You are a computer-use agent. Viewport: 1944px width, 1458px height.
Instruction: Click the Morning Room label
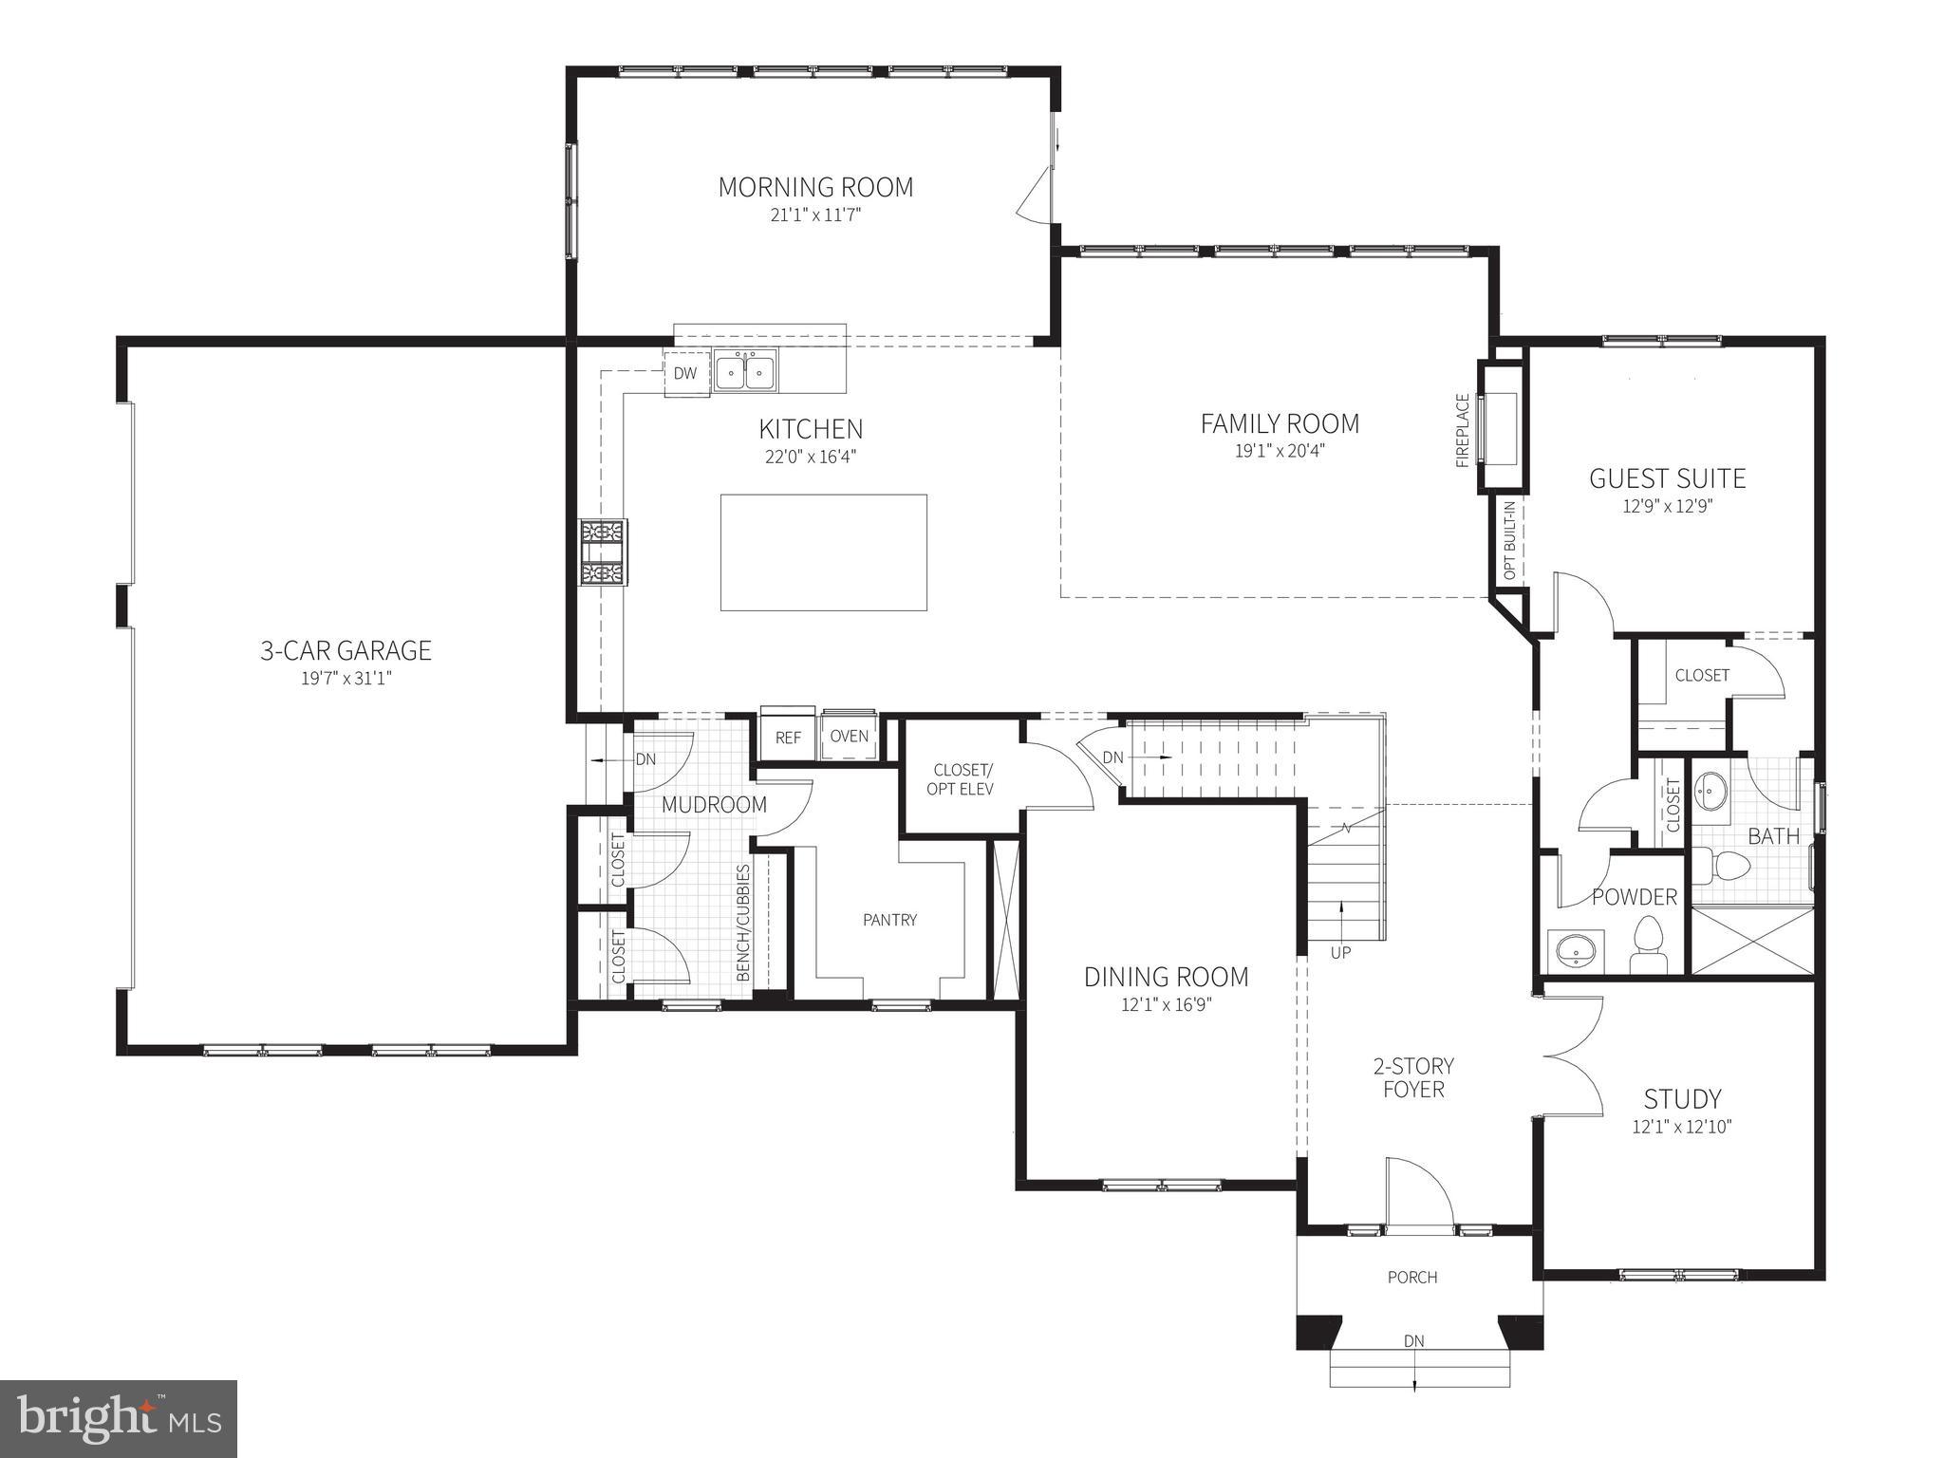click(x=815, y=187)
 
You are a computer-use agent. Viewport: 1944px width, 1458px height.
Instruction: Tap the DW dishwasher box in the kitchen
click(x=685, y=373)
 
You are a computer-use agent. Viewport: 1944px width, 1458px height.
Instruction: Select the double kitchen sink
click(x=745, y=370)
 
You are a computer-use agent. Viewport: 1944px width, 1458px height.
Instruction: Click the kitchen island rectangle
click(x=823, y=551)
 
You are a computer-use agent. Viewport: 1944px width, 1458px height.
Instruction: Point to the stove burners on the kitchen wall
click(x=605, y=552)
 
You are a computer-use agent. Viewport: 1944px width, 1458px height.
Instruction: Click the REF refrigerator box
click(x=788, y=738)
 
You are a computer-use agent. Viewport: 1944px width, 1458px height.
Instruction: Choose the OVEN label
click(x=849, y=736)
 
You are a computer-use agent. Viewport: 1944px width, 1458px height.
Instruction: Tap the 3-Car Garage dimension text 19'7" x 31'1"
click(x=346, y=678)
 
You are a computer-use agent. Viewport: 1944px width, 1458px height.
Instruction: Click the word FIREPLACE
click(x=1462, y=431)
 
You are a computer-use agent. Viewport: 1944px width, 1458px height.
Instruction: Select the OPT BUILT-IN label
click(x=1510, y=541)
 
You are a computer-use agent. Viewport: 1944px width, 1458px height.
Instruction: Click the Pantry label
click(x=889, y=919)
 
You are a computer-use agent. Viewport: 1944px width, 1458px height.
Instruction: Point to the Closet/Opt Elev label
click(x=963, y=778)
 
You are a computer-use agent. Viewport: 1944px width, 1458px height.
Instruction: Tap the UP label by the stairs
click(x=1340, y=952)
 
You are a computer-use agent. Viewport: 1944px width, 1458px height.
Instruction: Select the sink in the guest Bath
click(x=1712, y=790)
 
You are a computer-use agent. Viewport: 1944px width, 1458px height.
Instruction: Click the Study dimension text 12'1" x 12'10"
click(x=1682, y=1127)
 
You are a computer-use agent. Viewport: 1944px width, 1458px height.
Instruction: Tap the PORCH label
click(x=1412, y=1277)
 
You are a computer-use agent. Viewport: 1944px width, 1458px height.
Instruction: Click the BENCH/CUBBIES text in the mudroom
click(x=743, y=922)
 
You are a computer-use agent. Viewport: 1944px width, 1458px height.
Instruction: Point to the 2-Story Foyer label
click(x=1413, y=1077)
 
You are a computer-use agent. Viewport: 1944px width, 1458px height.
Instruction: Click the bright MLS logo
click(x=119, y=1418)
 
